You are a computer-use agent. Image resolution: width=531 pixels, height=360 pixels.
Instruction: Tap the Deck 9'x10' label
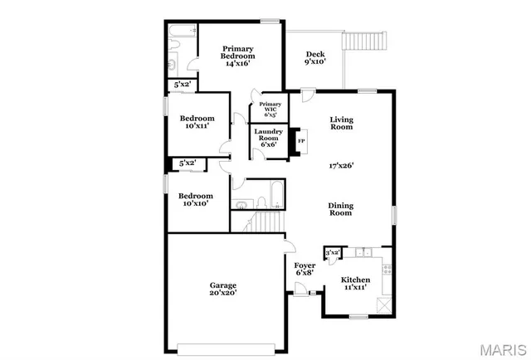314,56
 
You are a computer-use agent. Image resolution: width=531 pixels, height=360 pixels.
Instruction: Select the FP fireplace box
301,142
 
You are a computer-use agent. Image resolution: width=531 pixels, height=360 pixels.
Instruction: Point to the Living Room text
341,124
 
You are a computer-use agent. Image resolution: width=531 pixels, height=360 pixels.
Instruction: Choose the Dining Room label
340,209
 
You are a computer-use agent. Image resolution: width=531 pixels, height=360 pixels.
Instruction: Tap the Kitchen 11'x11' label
357,285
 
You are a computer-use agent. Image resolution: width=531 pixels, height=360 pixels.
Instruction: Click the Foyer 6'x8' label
305,269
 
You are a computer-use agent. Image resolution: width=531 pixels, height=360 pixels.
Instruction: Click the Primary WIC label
270,109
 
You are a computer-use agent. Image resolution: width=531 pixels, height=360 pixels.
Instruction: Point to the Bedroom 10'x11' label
198,121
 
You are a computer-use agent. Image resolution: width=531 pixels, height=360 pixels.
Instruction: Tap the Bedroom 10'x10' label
197,199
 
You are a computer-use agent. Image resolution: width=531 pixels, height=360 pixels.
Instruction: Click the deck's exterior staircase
365,40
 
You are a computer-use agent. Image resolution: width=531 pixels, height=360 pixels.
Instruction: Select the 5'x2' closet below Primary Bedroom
182,85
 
